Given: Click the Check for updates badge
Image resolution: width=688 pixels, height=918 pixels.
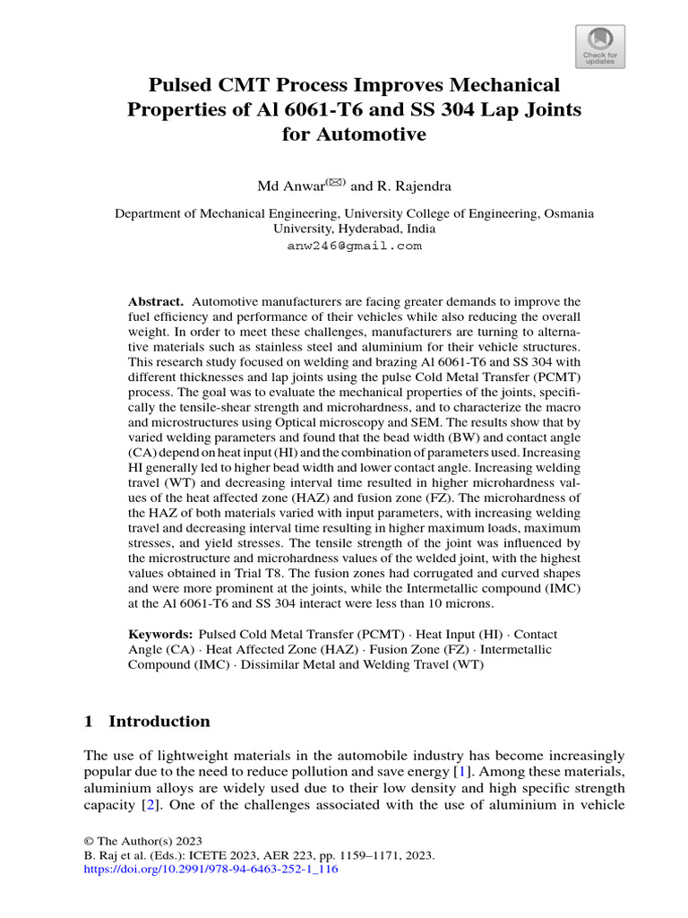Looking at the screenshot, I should coord(599,46).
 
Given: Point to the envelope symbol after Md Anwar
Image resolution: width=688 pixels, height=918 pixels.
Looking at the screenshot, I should coord(335,182).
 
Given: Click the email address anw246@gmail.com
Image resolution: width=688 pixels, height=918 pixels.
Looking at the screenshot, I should coord(354,245).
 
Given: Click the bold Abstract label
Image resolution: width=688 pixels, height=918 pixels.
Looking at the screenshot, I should coord(156,302).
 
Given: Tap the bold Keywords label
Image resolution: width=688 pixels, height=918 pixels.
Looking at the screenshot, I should coord(159,634).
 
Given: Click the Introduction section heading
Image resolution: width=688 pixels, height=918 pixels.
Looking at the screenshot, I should coord(159,722).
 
